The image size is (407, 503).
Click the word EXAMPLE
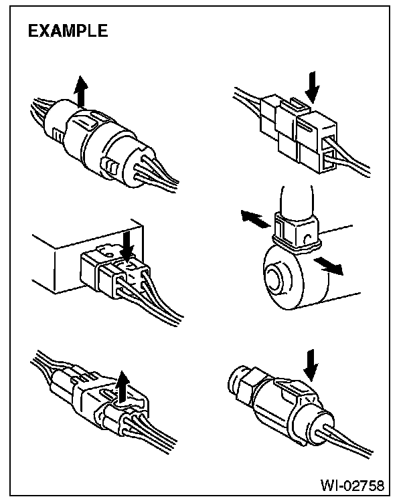66,31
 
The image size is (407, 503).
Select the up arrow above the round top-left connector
82,92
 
